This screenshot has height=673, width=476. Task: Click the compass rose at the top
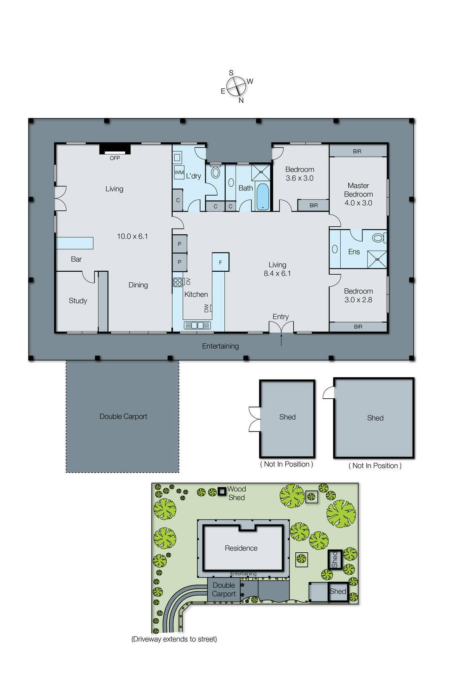(236, 86)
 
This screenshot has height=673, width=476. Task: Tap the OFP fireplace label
(115, 158)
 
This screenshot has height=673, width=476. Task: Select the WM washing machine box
(179, 172)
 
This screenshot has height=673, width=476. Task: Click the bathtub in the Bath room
(263, 196)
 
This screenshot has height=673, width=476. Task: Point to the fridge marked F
(221, 262)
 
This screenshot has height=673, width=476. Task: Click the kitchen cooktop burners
(178, 282)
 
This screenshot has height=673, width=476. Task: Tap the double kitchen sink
(197, 325)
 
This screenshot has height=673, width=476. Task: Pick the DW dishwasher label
(206, 308)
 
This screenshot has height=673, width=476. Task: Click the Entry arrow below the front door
(281, 340)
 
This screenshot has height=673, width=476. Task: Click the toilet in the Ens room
(379, 238)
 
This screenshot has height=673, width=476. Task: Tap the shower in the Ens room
(377, 259)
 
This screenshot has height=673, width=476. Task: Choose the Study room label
(78, 301)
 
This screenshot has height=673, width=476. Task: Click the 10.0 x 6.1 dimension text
(132, 236)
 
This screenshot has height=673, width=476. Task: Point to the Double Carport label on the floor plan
(124, 416)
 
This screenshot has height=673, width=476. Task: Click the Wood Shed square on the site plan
(222, 492)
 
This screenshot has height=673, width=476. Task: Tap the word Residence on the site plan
(241, 548)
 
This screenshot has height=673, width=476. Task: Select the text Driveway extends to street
(174, 639)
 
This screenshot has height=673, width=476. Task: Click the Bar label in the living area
(76, 259)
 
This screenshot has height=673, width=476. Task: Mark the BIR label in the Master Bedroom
(357, 151)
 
